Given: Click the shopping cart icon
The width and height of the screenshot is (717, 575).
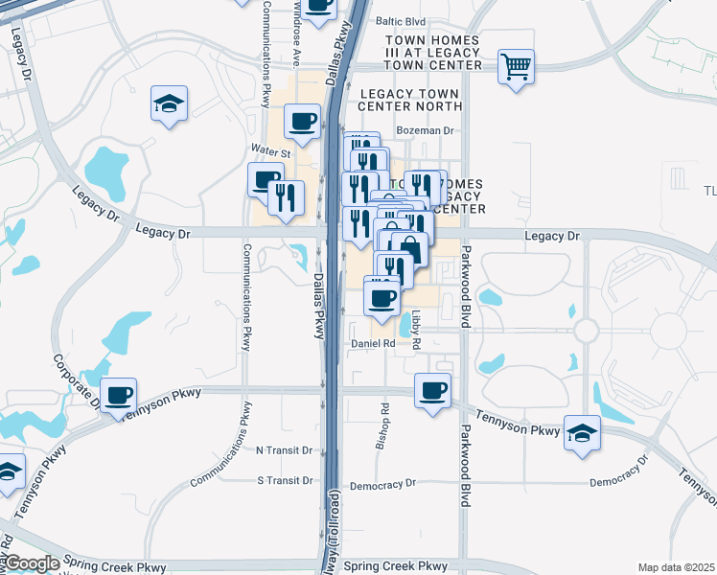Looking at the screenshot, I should [x=516, y=66].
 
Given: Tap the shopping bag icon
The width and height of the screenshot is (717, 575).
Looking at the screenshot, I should [x=409, y=248].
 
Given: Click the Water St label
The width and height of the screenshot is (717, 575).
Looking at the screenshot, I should [x=269, y=150].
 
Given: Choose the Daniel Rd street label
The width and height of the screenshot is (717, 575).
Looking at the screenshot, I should [x=373, y=343].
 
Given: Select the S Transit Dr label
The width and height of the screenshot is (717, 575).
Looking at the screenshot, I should [x=286, y=480].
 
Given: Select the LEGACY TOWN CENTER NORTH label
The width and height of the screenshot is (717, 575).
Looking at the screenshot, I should [x=410, y=100].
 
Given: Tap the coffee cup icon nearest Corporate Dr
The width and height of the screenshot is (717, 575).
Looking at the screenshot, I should [x=119, y=394].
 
